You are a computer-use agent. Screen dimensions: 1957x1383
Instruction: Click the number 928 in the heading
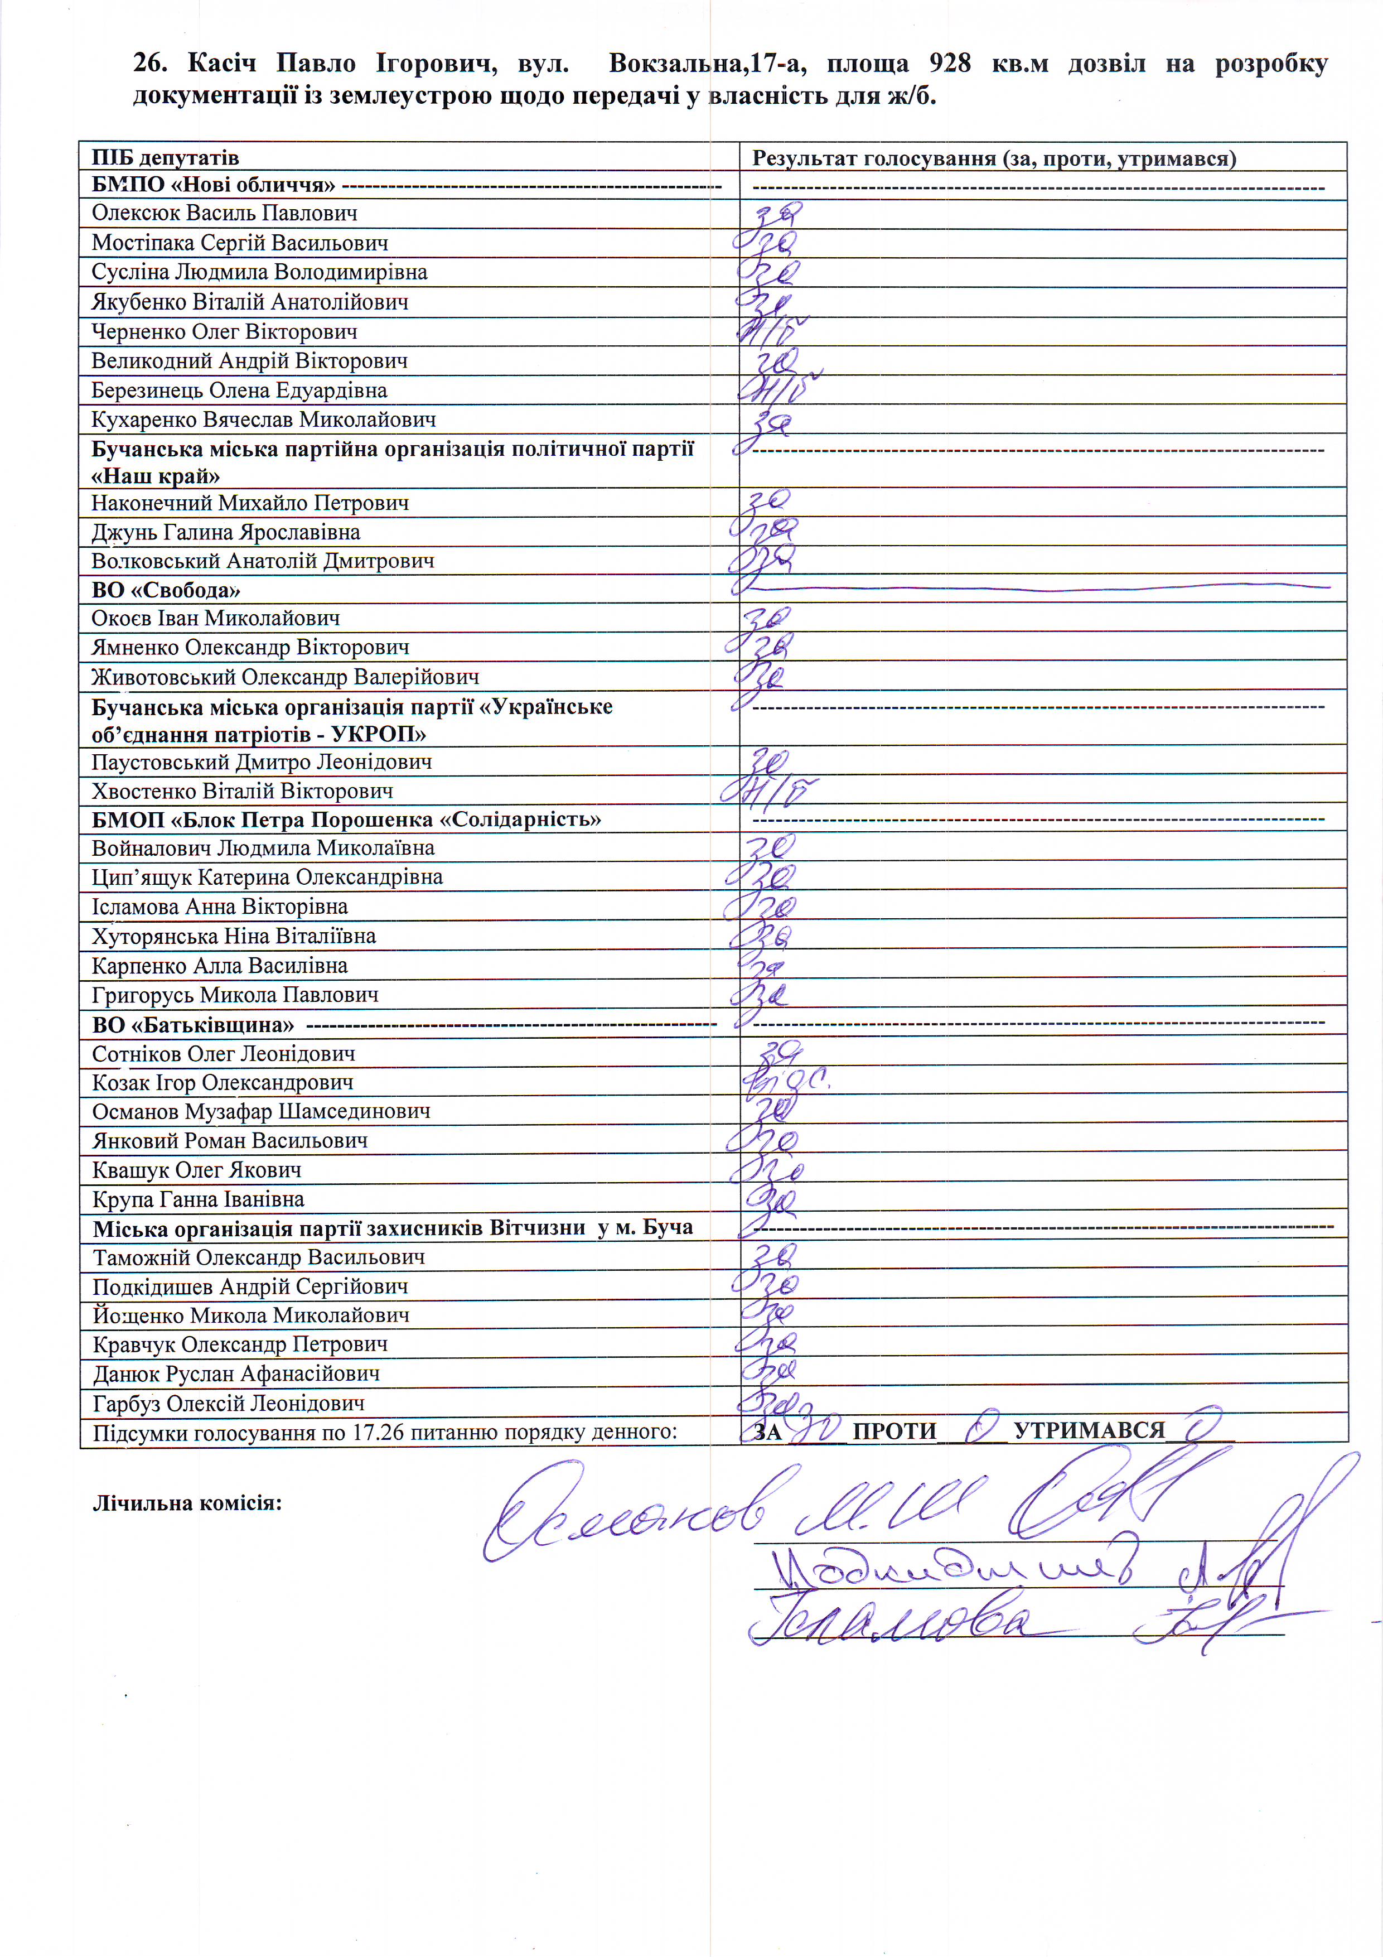949,64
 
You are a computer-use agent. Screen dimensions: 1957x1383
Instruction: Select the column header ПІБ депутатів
165,158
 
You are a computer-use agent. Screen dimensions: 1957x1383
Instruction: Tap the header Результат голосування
873,158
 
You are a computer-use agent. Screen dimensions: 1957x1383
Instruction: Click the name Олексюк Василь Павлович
224,213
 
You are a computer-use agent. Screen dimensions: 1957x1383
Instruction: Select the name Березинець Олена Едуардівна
239,391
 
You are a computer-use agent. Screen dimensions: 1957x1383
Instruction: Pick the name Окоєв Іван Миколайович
216,618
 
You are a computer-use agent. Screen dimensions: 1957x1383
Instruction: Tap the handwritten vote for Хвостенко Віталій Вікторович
770,792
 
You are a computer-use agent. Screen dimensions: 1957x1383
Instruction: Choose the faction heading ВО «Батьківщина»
192,1025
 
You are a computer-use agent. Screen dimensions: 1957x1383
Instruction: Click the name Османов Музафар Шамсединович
261,1111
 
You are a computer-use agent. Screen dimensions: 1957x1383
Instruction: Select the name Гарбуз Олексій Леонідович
229,1403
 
